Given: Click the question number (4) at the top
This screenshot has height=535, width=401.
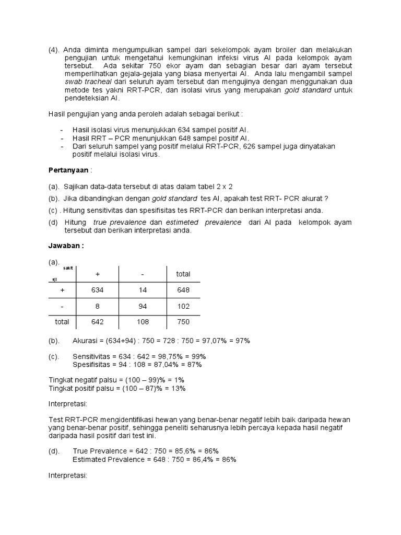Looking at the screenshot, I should click(54, 50).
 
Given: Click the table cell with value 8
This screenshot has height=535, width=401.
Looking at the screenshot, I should click(97, 306).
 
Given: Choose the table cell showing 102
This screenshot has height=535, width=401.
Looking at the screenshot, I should click(183, 306).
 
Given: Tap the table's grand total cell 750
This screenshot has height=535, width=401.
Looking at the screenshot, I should click(183, 322).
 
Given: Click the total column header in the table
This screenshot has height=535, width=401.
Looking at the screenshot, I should click(183, 274).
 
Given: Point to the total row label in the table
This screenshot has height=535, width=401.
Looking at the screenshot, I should click(62, 322).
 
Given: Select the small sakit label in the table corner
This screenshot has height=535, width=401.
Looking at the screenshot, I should click(68, 268).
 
